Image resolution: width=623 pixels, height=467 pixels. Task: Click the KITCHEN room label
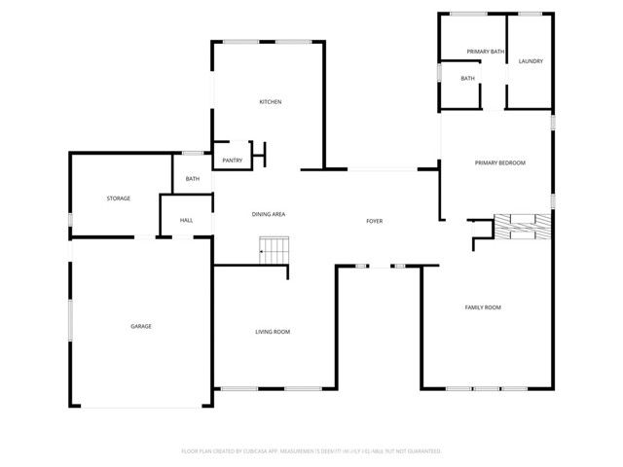tap(270, 102)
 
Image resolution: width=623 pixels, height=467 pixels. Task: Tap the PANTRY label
tap(232, 161)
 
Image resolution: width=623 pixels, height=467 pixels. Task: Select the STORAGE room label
tap(118, 198)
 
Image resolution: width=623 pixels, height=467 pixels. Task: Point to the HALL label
tap(186, 220)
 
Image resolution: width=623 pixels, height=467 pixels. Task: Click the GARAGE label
tap(141, 326)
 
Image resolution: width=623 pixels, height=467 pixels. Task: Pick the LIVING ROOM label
tap(273, 332)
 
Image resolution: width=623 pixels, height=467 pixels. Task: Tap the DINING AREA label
tap(269, 214)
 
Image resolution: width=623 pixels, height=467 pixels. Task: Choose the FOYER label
tap(374, 221)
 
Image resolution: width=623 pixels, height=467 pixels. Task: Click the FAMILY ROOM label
tap(482, 307)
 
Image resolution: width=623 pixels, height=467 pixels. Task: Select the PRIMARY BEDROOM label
tap(499, 162)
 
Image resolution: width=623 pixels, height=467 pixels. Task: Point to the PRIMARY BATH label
tap(485, 52)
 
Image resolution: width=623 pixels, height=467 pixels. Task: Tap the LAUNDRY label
tap(531, 61)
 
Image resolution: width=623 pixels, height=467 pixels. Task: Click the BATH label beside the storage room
tap(193, 179)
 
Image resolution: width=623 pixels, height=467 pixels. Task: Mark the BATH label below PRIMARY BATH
tap(467, 79)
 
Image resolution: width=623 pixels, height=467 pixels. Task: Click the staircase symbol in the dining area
tap(275, 250)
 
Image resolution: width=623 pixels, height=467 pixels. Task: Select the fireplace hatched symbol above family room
tap(523, 227)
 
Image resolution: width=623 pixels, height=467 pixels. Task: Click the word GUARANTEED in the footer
tap(421, 451)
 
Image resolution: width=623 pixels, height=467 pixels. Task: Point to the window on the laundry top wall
tap(531, 14)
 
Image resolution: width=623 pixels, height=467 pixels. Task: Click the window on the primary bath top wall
tap(468, 14)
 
